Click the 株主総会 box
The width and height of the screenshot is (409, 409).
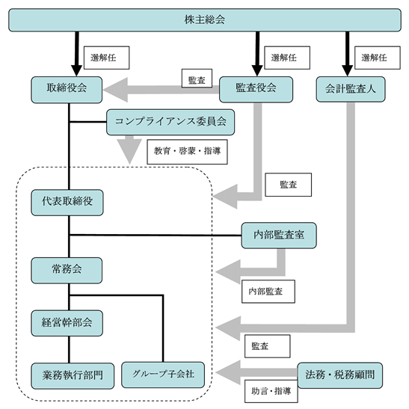pyautogui.click(x=205, y=20)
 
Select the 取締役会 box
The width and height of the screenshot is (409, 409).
pyautogui.click(x=67, y=90)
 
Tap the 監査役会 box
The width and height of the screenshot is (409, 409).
pyautogui.click(x=256, y=90)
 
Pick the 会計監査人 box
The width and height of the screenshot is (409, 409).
pyautogui.click(x=351, y=89)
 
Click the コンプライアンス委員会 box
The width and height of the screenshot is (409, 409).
pyautogui.click(x=170, y=122)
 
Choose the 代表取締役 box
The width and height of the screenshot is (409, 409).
pyautogui.click(x=67, y=203)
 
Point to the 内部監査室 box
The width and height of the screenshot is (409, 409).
pyautogui.click(x=279, y=236)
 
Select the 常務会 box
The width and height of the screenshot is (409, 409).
pyautogui.click(x=67, y=271)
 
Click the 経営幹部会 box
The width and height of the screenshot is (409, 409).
pyautogui.click(x=67, y=323)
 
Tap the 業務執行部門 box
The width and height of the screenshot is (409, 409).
pyautogui.click(x=73, y=376)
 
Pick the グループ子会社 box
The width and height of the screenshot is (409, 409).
pyautogui.click(x=163, y=375)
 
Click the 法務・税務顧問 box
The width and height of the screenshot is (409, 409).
pyautogui.click(x=340, y=375)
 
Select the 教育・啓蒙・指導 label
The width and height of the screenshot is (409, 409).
pyautogui.click(x=187, y=152)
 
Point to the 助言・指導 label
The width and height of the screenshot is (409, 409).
pyautogui.click(x=271, y=391)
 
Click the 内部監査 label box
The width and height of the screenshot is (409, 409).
pyautogui.click(x=268, y=292)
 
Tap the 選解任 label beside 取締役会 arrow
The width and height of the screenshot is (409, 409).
pyautogui.click(x=106, y=58)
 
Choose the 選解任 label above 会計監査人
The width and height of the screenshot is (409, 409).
pyautogui.click(x=378, y=58)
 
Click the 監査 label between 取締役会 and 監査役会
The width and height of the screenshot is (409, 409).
pyautogui.click(x=197, y=79)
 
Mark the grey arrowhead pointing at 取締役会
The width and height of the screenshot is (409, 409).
pyautogui.click(x=116, y=90)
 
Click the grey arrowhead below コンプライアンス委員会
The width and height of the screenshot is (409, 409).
pyautogui.click(x=129, y=152)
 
